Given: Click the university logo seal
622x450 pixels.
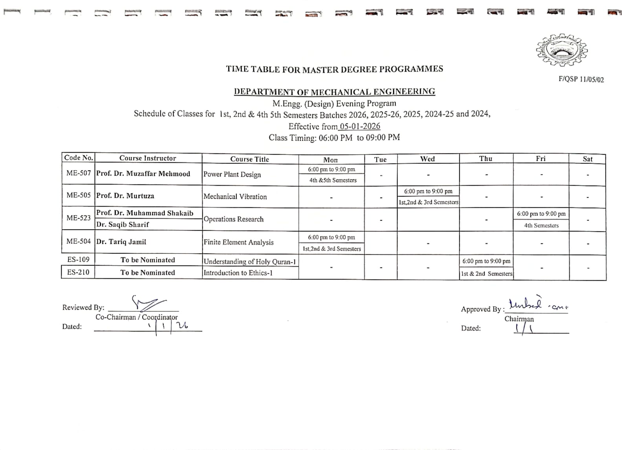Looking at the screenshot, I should click(x=562, y=50).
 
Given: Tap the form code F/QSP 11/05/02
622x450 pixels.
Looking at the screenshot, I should click(x=581, y=79).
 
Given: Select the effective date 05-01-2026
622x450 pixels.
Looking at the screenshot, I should click(x=360, y=126).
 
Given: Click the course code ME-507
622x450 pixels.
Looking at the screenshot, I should click(x=79, y=173).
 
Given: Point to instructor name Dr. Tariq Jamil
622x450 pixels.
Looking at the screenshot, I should click(x=121, y=242).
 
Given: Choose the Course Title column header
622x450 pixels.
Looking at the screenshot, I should click(x=250, y=159).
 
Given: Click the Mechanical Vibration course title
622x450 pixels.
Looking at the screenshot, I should click(x=235, y=196).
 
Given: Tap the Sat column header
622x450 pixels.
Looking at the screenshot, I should click(x=587, y=159).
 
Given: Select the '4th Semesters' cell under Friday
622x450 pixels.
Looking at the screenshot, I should click(x=541, y=225).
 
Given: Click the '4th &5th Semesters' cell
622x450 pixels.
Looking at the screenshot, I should click(x=333, y=180).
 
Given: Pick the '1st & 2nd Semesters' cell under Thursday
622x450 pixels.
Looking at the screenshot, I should click(x=487, y=274).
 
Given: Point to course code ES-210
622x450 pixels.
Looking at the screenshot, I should click(x=78, y=272).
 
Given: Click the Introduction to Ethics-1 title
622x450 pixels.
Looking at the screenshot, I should click(x=238, y=273).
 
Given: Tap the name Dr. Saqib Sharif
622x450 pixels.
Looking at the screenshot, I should click(x=123, y=225).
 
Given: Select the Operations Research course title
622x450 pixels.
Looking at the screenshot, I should click(x=233, y=219).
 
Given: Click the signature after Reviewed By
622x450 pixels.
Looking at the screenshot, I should click(x=148, y=303).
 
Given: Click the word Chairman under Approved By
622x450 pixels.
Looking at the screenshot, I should click(x=519, y=319).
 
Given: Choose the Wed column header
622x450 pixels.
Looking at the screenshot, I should click(x=427, y=159).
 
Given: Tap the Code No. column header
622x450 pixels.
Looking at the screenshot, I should click(x=79, y=158).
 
